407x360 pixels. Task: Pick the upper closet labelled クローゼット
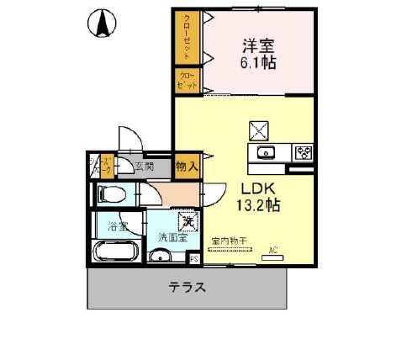point(186,37)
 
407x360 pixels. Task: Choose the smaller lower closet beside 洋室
point(186,81)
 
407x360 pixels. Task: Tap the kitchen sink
point(267,152)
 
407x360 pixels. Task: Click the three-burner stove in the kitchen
point(303,152)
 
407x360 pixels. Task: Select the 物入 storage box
point(187,167)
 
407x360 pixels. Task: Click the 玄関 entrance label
point(142,167)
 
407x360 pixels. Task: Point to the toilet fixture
point(111,195)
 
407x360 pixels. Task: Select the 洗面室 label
point(173,237)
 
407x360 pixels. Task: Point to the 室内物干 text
point(229,241)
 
